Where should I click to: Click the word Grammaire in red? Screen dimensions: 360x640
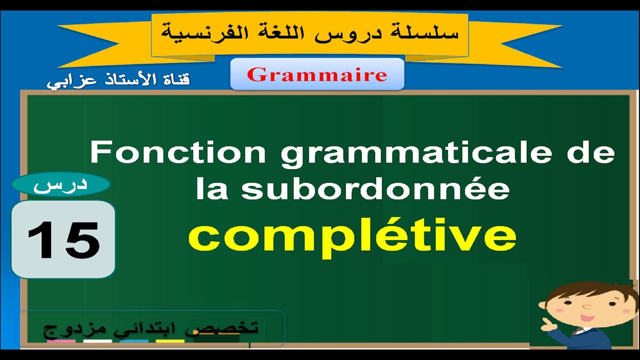tap(317, 74)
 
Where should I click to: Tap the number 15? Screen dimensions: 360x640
tap(63, 239)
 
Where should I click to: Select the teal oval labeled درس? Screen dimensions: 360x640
tap(60, 185)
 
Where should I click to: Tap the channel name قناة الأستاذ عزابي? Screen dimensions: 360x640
tap(118, 80)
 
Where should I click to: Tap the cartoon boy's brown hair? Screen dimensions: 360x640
tap(593, 290)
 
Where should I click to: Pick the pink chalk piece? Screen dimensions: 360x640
tap(61, 342)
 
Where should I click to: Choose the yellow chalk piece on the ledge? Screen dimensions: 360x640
tap(170, 342)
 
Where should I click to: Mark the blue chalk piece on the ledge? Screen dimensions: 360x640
tap(134, 342)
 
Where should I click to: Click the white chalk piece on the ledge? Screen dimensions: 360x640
tap(97, 342)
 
